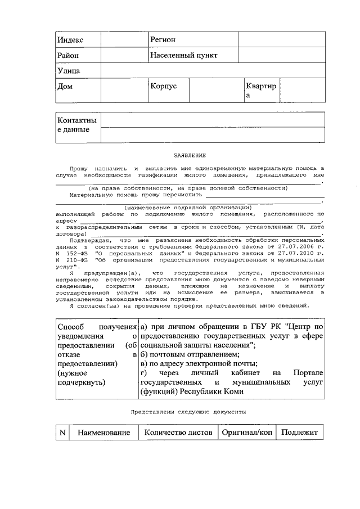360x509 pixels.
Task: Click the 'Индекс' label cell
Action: [x=70, y=40]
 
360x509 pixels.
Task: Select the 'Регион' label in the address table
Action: [x=163, y=40]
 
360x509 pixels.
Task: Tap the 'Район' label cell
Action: [x=67, y=56]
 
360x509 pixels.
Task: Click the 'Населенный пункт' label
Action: [x=183, y=56]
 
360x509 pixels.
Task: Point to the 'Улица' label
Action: [x=68, y=71]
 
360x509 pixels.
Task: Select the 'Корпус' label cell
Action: [x=163, y=87]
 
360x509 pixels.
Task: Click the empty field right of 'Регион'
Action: [x=281, y=40]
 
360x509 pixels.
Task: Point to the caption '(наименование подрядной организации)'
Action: [x=188, y=208]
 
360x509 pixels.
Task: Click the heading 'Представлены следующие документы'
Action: [x=188, y=412]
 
